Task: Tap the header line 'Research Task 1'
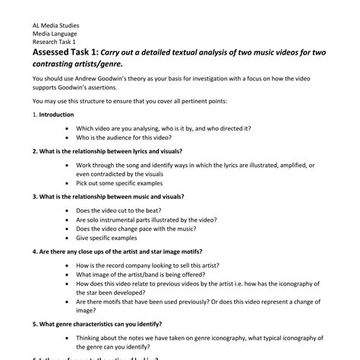(54, 42)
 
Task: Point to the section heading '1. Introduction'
(53, 115)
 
